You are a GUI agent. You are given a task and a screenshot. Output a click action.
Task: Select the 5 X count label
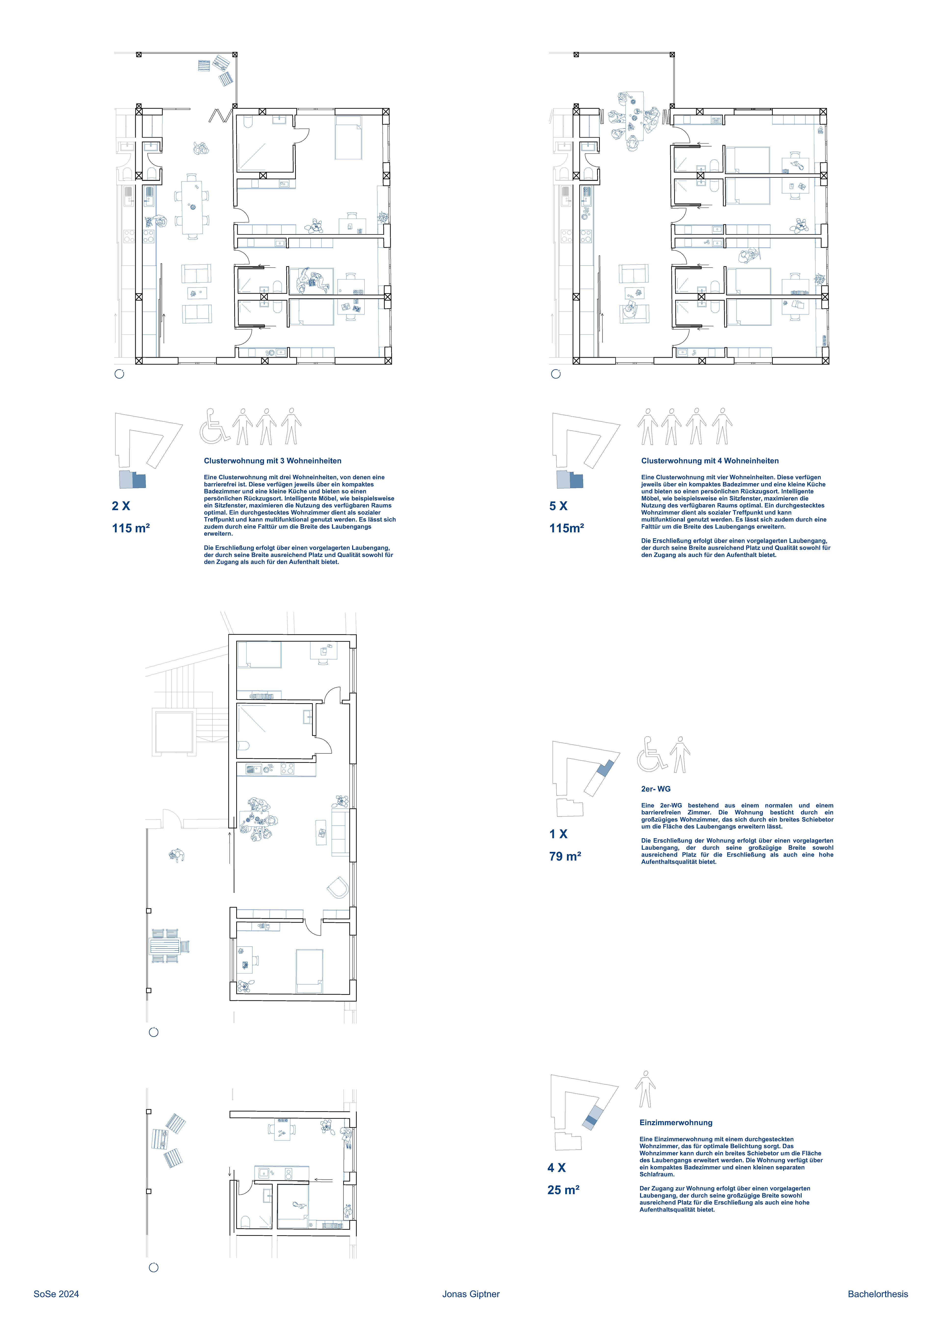pyautogui.click(x=558, y=506)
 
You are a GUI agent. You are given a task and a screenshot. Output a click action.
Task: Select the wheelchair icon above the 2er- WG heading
pyautogui.click(x=652, y=754)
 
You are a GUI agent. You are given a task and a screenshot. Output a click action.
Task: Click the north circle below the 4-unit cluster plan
pyautogui.click(x=556, y=374)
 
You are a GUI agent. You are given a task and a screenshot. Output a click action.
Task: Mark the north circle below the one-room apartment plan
pyautogui.click(x=154, y=1268)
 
